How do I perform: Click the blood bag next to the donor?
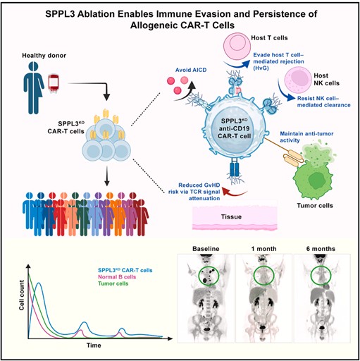(x=54, y=84)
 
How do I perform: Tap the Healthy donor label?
(x=44, y=56)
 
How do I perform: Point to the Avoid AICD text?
(x=191, y=70)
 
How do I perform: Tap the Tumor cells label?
(x=315, y=206)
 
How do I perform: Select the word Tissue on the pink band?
(x=231, y=216)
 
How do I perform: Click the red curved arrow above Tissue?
(x=235, y=192)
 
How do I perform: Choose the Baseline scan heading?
(x=206, y=249)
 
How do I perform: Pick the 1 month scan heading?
(x=263, y=249)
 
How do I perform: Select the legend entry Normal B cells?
(x=117, y=277)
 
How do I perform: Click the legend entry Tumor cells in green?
(x=113, y=283)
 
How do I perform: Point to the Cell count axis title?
(x=22, y=295)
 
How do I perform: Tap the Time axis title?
(x=94, y=345)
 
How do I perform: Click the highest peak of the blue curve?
(x=39, y=283)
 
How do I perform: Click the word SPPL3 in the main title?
(x=60, y=14)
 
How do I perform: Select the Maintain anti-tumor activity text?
(x=306, y=137)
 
